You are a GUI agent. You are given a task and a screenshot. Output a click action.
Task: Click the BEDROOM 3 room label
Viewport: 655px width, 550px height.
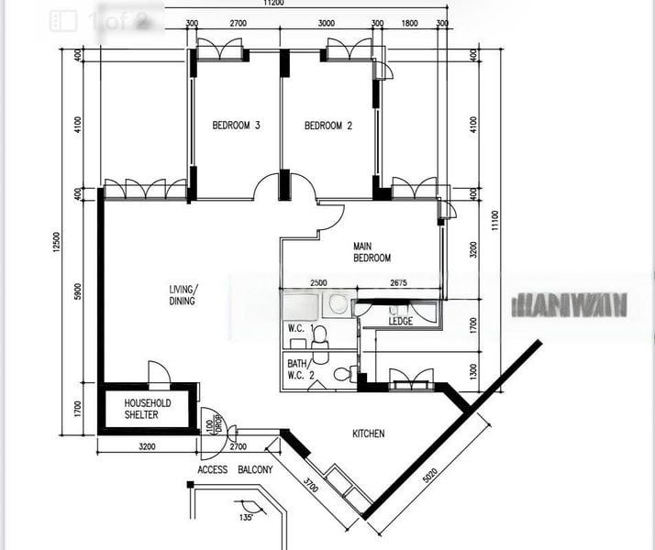(x=237, y=126)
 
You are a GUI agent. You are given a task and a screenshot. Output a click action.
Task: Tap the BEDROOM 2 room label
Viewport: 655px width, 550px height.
(x=327, y=126)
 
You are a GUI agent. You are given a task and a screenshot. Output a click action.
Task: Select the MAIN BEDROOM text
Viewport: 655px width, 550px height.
(x=372, y=252)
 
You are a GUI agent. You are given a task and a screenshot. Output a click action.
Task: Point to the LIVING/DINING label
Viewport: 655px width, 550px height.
(x=183, y=295)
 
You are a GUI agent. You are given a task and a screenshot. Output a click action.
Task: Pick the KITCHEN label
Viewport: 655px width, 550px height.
(x=369, y=434)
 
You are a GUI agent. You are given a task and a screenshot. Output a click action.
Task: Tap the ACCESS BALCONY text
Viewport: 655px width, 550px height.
(x=235, y=470)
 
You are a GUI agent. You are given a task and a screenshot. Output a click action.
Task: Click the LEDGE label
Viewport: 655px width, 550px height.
(x=400, y=322)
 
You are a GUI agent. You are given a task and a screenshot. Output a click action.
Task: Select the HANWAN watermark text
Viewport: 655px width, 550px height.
(x=571, y=304)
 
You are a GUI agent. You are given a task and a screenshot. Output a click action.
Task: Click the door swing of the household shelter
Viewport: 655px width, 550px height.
(x=159, y=372)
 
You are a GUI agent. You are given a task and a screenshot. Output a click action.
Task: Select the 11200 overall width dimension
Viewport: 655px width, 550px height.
(x=271, y=4)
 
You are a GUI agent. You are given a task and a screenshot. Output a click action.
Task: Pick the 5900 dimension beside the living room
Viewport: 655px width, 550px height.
(x=79, y=291)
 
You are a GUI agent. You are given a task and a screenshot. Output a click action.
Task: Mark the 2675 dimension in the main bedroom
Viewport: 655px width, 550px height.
(x=397, y=283)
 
